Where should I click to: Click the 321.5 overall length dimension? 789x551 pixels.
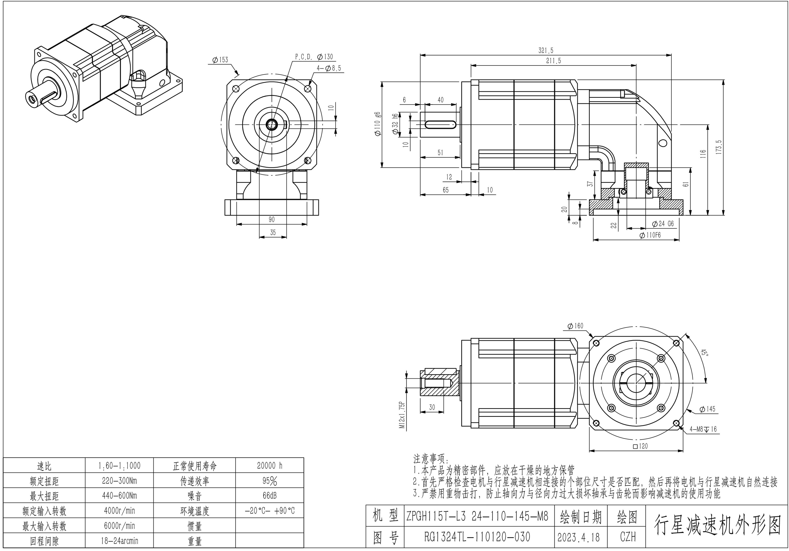click(546, 51)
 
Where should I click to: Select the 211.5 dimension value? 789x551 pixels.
click(553, 61)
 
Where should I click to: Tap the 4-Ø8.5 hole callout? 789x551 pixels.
click(329, 68)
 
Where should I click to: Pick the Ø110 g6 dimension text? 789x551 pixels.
click(377, 124)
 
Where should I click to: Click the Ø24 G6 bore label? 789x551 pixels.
click(663, 224)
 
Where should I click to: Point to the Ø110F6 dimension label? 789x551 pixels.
click(650, 235)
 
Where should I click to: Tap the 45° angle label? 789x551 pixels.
click(704, 353)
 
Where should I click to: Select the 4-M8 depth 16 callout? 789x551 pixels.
click(703, 429)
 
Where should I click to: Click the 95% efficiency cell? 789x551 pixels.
click(269, 481)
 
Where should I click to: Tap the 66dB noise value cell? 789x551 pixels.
click(269, 496)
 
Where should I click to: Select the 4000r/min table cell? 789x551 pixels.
click(119, 511)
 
